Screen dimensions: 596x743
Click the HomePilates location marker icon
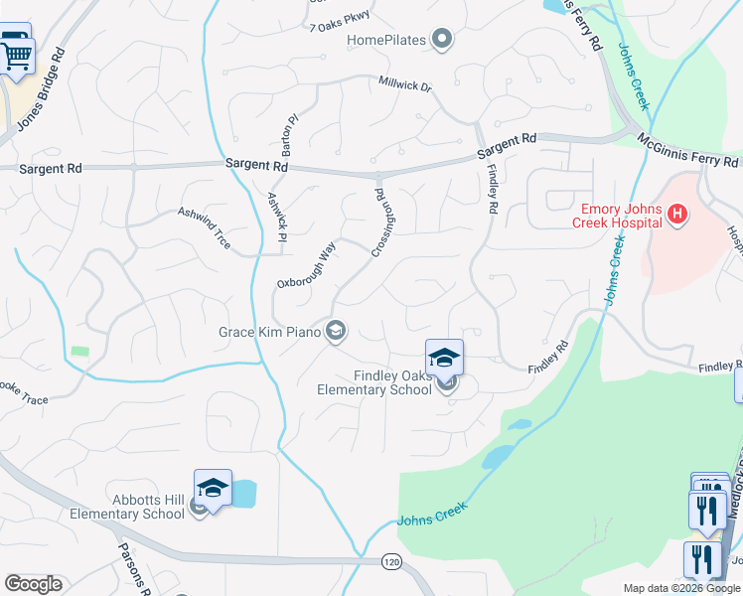[443, 41]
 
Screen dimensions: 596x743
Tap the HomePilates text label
[386, 41]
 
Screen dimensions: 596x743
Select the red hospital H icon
[677, 213]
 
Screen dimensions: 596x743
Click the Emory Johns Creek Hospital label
[617, 216]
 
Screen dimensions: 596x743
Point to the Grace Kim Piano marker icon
[336, 332]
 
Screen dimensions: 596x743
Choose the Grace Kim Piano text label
[270, 332]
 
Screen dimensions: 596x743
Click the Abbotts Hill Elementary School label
[127, 507]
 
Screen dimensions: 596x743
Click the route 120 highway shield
[391, 562]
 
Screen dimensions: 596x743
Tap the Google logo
[34, 584]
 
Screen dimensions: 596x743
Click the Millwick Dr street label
[405, 86]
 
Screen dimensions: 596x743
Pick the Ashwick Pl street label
[277, 218]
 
